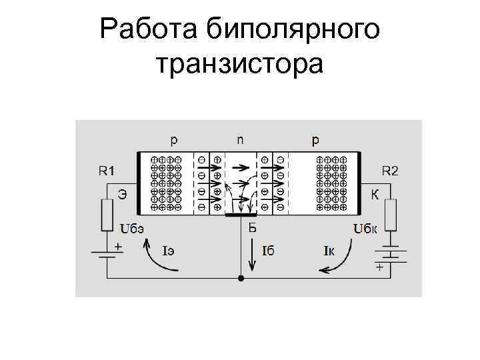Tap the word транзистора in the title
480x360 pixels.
[239, 65]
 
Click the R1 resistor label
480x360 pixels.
[107, 171]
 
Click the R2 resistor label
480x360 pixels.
[390, 171]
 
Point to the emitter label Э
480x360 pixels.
[123, 195]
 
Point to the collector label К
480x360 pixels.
[375, 195]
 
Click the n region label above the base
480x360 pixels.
[241, 141]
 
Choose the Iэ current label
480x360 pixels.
[169, 251]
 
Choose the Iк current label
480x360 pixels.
[329, 251]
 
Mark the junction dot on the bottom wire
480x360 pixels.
[241, 277]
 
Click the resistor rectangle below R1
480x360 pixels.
[107, 215]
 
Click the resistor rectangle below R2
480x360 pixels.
[391, 215]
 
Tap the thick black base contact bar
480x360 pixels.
[241, 215]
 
